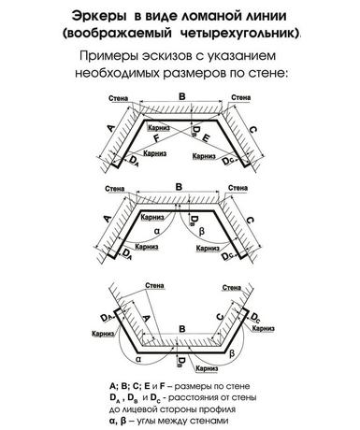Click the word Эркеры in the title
[99, 16]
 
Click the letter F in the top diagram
[157, 138]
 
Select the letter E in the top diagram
[206, 137]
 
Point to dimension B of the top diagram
[182, 96]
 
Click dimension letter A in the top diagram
[110, 128]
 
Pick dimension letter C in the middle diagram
[250, 221]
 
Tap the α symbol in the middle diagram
[157, 231]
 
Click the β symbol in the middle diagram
[202, 231]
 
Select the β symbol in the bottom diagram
[232, 353]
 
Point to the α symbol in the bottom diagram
[138, 359]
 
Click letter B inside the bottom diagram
[182, 329]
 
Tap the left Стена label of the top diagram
[119, 98]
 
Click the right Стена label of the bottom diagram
[232, 288]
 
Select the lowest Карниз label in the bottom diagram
[207, 368]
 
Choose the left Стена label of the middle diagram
[115, 189]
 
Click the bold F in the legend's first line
[162, 386]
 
